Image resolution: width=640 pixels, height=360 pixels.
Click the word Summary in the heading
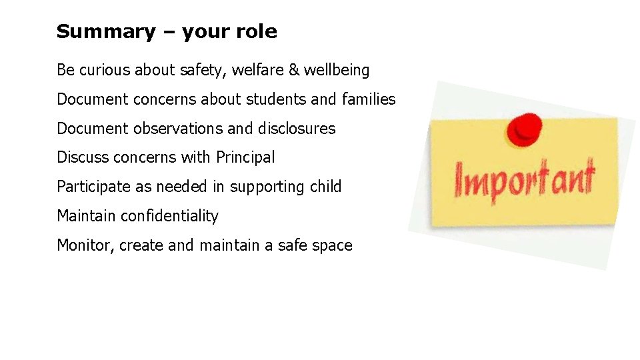(95, 31)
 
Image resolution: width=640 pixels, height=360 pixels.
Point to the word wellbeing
(337, 70)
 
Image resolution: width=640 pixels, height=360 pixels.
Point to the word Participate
(94, 187)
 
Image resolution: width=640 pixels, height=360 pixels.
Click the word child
(325, 187)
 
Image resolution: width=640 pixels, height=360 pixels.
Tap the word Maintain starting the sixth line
(83, 217)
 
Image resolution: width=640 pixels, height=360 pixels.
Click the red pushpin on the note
(523, 129)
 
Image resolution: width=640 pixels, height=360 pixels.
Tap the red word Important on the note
(524, 179)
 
